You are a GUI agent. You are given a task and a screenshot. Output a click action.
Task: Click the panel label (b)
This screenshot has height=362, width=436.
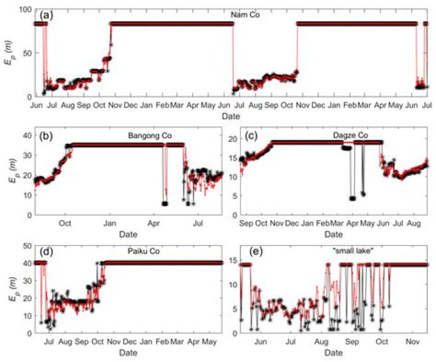(x=46, y=136)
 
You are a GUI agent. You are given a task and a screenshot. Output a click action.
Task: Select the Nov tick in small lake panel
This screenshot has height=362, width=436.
(x=413, y=343)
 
